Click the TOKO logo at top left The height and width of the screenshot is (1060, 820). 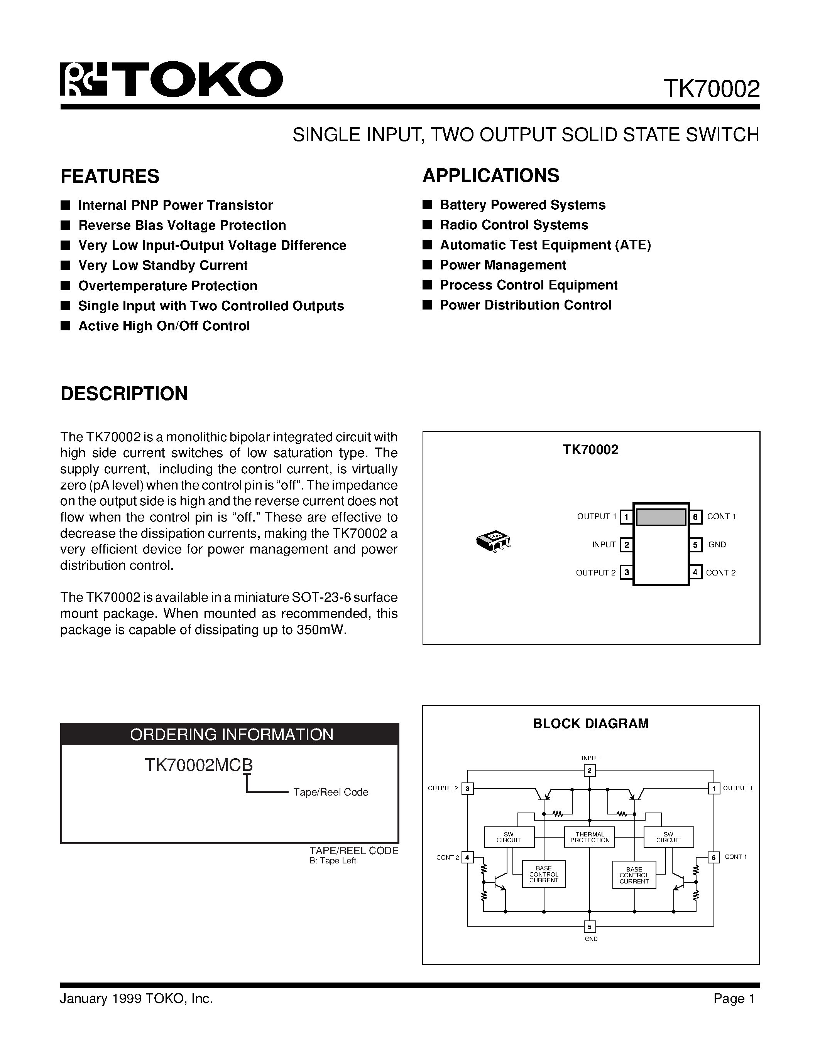pos(171,79)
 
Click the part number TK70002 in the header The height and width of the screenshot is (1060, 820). pos(711,89)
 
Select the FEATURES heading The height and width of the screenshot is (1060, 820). pos(110,176)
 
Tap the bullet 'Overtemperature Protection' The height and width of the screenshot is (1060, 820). pos(167,286)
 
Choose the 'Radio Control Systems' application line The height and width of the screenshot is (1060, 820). pos(514,225)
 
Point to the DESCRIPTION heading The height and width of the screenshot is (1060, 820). pos(124,394)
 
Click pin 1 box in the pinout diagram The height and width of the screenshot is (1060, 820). pos(627,517)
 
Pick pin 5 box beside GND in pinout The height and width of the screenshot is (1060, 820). pos(695,545)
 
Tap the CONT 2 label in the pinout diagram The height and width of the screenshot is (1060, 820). pos(720,573)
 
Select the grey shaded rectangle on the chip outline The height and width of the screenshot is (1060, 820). pos(661,517)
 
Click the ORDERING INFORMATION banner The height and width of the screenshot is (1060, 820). pos(230,734)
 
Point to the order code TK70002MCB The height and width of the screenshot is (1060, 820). pos(199,766)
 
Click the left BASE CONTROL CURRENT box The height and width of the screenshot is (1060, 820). pos(544,874)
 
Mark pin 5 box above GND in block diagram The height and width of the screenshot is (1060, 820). pos(589,927)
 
